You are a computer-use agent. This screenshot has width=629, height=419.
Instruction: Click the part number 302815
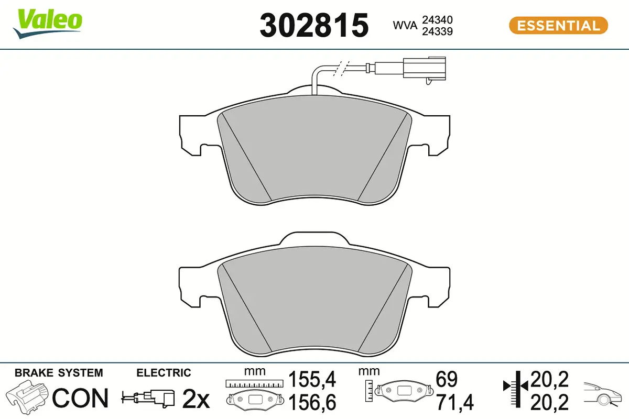(x=314, y=25)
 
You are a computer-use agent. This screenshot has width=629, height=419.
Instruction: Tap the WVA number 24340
(x=437, y=20)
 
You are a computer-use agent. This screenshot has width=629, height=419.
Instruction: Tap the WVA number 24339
(x=437, y=31)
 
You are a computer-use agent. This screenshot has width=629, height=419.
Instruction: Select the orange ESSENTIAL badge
(x=558, y=25)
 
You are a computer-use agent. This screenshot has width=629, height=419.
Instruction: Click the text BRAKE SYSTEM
(x=59, y=373)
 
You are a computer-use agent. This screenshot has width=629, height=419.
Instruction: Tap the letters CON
(x=81, y=398)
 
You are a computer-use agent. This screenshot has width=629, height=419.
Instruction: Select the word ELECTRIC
(x=164, y=373)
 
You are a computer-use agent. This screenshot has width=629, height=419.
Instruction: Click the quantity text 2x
(x=196, y=400)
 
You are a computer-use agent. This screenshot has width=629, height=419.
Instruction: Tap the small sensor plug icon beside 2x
(x=149, y=398)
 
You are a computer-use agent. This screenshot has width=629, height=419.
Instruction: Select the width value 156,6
(x=312, y=402)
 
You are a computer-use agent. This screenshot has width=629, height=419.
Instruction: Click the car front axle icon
(x=603, y=394)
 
